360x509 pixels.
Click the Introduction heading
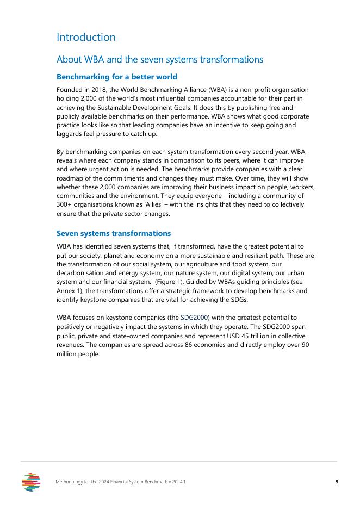tap(86, 38)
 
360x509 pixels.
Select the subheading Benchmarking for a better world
tap(116, 77)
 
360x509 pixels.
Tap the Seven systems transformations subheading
tap(114, 233)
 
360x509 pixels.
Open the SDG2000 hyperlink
tap(195, 317)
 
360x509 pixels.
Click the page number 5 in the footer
tap(337, 482)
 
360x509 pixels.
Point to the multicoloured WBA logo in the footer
tap(31, 482)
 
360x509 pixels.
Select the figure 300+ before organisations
tap(65, 204)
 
